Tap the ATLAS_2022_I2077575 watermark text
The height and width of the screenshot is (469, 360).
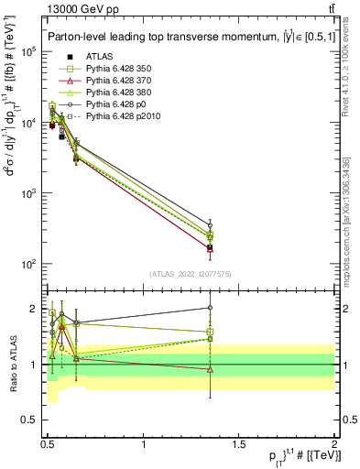[191, 273]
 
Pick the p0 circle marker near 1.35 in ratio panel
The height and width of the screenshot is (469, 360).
[211, 308]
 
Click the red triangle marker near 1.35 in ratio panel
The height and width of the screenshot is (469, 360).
[211, 369]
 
